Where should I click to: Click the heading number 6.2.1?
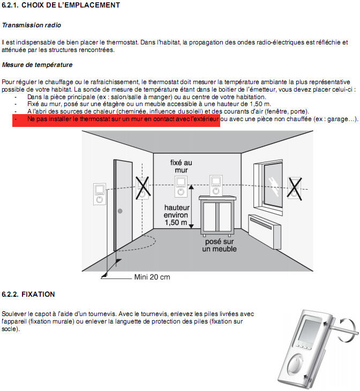pyautogui.click(x=10, y=5)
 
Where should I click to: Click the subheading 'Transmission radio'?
pyautogui.click(x=31, y=25)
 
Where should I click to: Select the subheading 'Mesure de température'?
pyautogui.click(x=37, y=65)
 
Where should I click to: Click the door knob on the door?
pyautogui.click(x=119, y=211)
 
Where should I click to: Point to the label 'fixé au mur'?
pyautogui.click(x=181, y=166)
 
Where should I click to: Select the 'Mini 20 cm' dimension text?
pyautogui.click(x=152, y=277)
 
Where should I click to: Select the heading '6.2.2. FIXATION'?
pyautogui.click(x=28, y=294)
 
